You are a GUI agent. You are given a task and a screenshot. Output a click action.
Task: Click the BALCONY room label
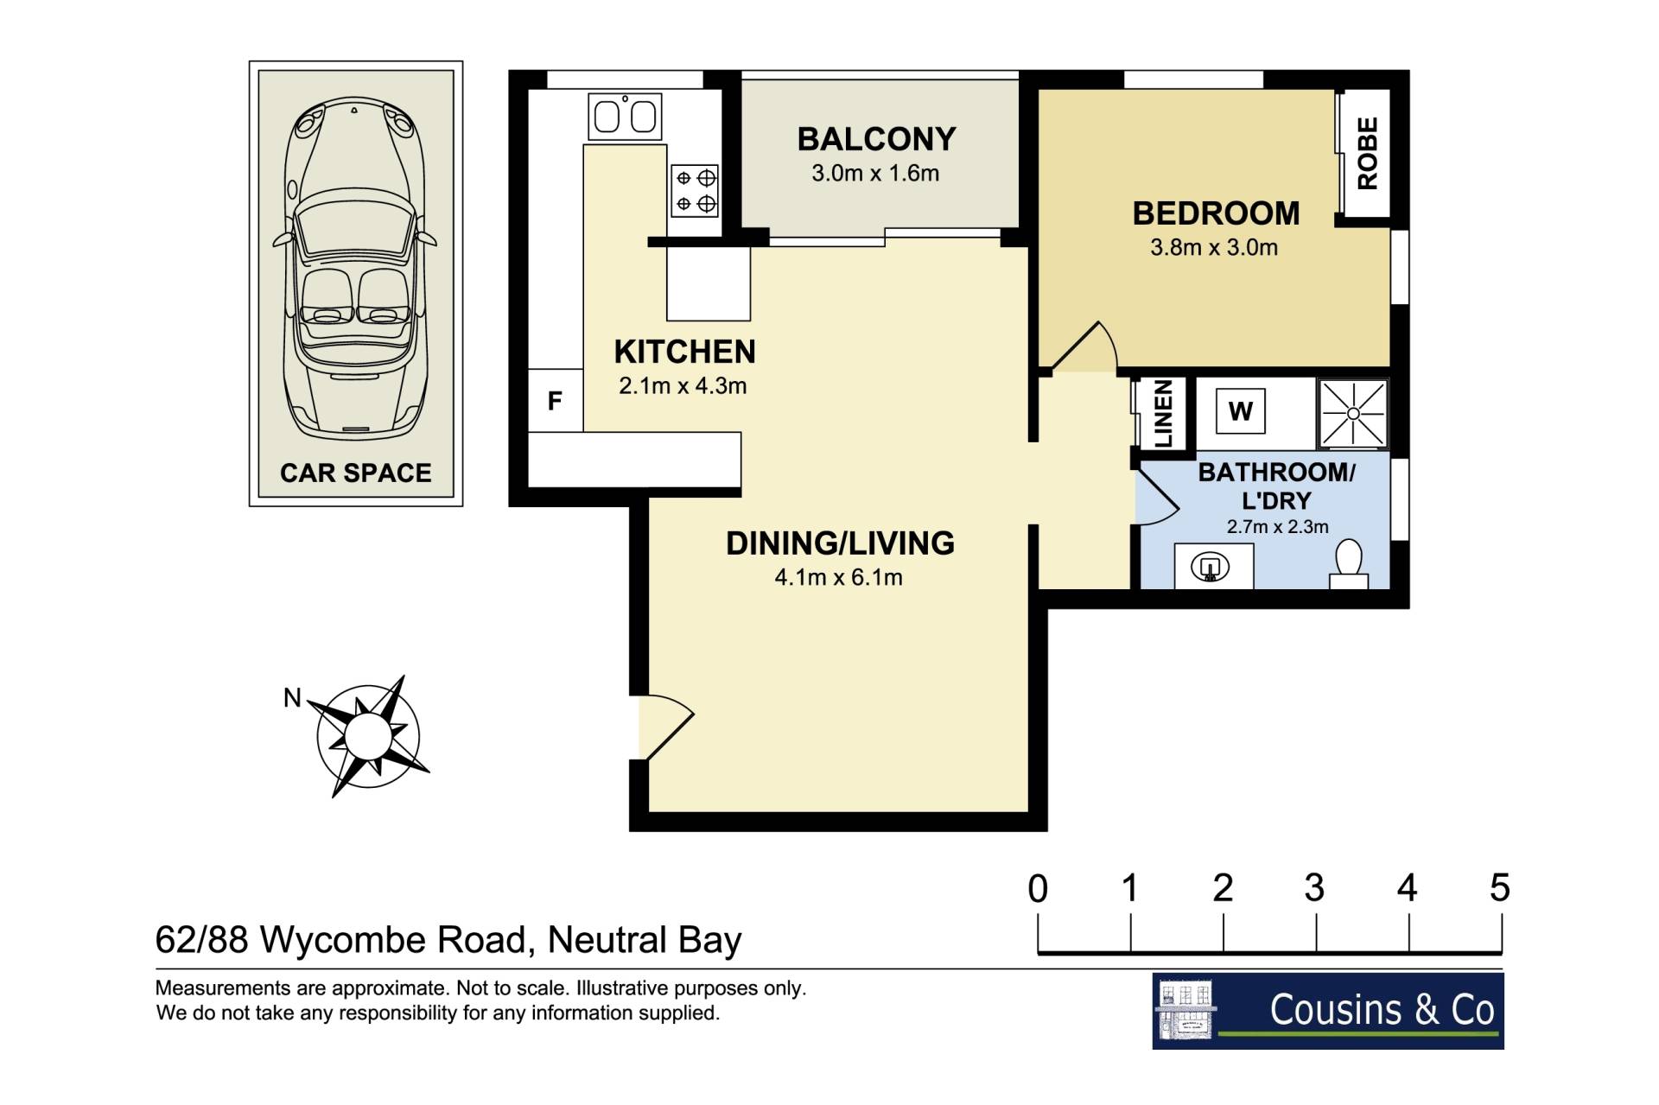coord(876,139)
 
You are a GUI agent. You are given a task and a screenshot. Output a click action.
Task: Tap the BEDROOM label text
coord(1216,213)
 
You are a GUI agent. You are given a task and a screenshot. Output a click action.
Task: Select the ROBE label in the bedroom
coord(1367,153)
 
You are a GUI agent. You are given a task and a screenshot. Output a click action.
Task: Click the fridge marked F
coord(555,400)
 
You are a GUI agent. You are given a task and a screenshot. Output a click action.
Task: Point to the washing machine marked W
coord(1240,411)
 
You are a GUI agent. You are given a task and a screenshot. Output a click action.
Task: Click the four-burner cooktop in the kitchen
coord(695,191)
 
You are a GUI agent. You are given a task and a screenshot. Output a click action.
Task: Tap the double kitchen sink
coord(625,117)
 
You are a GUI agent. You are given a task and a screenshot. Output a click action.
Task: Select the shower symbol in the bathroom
coord(1353,414)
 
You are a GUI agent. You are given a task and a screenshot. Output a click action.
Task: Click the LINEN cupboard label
coord(1163,414)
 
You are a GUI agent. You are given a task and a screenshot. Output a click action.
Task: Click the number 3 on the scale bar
coord(1314,887)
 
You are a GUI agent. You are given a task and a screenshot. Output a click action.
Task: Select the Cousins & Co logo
coord(1328,1011)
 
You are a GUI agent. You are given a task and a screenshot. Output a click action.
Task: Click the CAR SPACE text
coord(356,473)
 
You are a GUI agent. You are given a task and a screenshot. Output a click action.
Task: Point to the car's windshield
coord(354,232)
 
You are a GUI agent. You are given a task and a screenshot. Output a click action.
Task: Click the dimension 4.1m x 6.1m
coord(838,577)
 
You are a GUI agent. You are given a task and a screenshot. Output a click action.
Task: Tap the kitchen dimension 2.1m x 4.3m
coord(683,386)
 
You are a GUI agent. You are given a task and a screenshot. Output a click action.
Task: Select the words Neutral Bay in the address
coord(645,940)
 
